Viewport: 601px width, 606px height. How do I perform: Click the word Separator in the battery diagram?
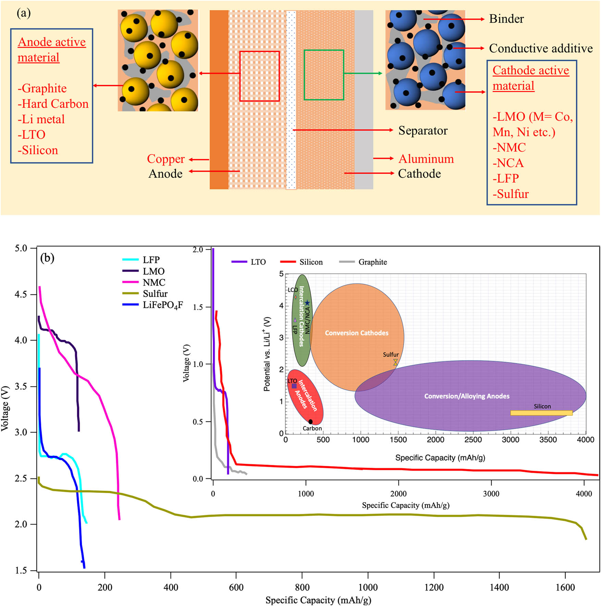(x=423, y=131)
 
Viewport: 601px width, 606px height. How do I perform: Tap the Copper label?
(x=166, y=159)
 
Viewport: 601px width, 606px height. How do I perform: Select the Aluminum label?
(x=426, y=159)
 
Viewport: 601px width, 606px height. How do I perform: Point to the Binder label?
(x=506, y=19)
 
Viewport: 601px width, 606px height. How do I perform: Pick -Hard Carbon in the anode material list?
(x=53, y=104)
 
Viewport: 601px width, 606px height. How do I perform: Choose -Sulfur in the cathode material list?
(x=511, y=194)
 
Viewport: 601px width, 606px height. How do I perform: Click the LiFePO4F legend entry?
(x=163, y=305)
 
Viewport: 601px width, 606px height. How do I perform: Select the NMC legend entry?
(x=154, y=282)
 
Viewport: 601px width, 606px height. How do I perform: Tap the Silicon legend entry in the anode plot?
(x=311, y=262)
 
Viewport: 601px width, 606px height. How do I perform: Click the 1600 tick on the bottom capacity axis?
(x=565, y=587)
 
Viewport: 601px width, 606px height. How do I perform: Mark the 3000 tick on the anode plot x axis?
(x=491, y=494)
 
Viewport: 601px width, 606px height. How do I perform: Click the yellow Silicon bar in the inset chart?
(x=541, y=413)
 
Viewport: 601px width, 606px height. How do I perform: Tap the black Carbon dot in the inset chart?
(x=311, y=422)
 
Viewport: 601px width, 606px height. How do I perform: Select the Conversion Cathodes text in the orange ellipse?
(x=356, y=333)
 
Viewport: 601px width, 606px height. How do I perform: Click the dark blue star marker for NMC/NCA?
(x=307, y=303)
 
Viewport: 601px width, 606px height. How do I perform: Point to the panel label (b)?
(x=47, y=258)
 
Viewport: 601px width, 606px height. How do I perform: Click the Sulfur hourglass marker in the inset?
(x=396, y=362)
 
